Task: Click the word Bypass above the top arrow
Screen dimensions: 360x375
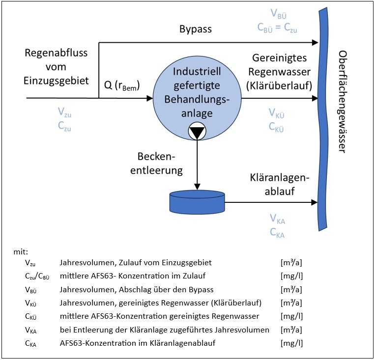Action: coord(196,29)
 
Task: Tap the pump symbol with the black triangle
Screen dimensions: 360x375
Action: coord(197,132)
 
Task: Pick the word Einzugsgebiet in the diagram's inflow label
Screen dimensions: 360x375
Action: coord(57,81)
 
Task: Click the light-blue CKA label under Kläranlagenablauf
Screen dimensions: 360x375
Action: coord(277,232)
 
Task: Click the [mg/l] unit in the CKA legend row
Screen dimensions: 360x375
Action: coord(291,343)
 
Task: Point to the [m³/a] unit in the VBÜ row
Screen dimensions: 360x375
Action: coord(291,289)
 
